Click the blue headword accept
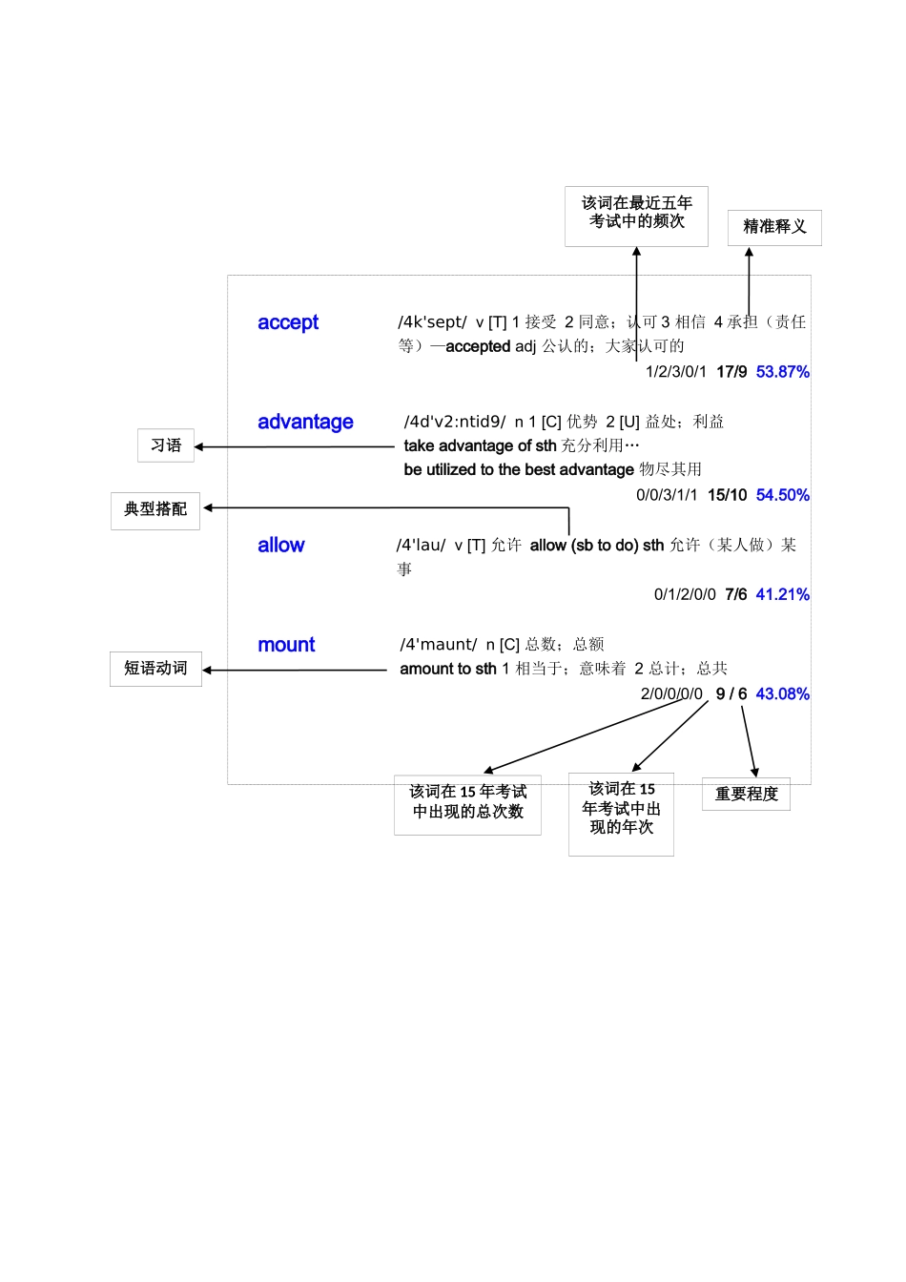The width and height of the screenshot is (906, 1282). [x=288, y=322]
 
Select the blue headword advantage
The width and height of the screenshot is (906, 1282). [x=305, y=422]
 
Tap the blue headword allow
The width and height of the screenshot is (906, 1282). [x=280, y=545]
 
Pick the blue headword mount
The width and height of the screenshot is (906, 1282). [x=286, y=645]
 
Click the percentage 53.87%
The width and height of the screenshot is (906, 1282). [x=782, y=372]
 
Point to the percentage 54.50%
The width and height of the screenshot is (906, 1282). [x=782, y=495]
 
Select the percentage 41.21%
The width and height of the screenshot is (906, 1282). [x=782, y=594]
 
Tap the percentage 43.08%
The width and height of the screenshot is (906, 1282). [x=782, y=693]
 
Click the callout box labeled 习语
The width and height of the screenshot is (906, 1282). [x=166, y=445]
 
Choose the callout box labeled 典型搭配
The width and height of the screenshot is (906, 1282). [x=155, y=509]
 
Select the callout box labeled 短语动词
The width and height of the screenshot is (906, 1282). [x=155, y=669]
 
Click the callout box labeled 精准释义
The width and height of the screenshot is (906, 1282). [x=774, y=227]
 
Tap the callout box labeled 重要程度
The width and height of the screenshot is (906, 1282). [x=746, y=794]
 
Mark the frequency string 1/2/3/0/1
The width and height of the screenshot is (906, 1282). [x=676, y=372]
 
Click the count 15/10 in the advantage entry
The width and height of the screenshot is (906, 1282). [x=727, y=495]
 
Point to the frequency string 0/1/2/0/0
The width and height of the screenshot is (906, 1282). [x=685, y=594]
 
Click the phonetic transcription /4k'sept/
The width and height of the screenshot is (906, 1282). [x=432, y=322]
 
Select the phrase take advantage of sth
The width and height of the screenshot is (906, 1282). [x=480, y=445]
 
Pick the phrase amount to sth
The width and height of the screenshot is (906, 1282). [x=447, y=669]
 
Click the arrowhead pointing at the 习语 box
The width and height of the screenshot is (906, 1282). [x=199, y=446]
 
